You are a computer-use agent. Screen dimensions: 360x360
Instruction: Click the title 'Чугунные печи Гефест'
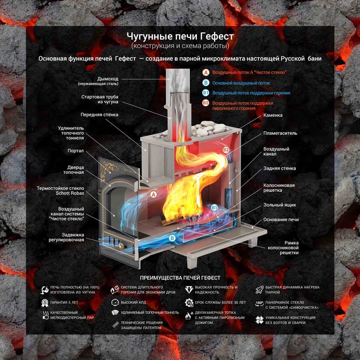(180, 37)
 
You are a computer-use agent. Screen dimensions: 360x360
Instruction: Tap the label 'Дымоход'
(107, 78)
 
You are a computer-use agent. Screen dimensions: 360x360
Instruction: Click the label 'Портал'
(75, 151)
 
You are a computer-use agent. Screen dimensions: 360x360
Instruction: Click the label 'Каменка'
(273, 115)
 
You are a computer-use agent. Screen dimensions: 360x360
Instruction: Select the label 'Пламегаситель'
(280, 133)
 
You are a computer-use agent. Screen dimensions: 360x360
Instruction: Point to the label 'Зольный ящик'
(280, 205)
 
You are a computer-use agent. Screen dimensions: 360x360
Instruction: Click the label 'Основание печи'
(281, 219)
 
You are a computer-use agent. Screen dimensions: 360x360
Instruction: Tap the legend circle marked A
(205, 73)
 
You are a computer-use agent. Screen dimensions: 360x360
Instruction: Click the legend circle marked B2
(205, 103)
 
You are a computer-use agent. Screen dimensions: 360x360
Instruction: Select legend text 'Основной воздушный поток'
(241, 83)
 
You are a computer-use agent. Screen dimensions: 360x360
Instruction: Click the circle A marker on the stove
(153, 194)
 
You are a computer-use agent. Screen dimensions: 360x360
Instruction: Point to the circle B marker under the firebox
(172, 238)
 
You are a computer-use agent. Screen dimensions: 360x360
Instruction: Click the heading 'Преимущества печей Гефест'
(180, 278)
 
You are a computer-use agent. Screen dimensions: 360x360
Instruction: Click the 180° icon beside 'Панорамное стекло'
(259, 304)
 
